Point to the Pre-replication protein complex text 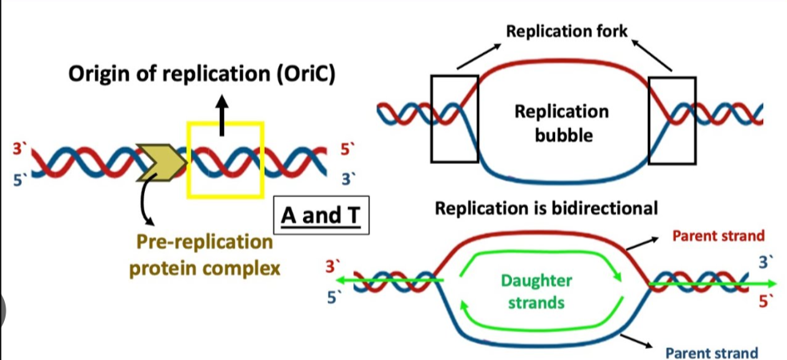coord(205,254)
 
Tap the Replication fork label coord(567,32)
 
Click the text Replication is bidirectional coord(546,208)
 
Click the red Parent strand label coord(718,236)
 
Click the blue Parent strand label coord(712,352)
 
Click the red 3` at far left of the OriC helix coord(18,149)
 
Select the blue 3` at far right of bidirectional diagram coord(763,261)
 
